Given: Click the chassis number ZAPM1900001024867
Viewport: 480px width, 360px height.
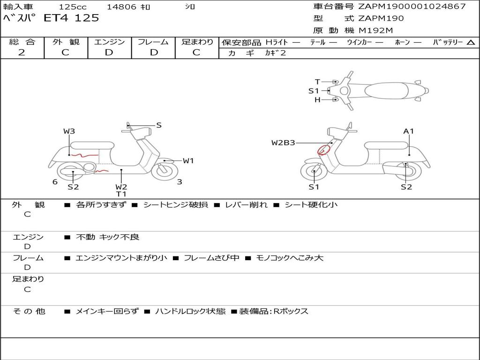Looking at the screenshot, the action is (412, 7).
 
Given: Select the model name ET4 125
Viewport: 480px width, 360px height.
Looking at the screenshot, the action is (71, 18).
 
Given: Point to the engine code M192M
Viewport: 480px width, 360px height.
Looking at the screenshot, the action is (375, 30).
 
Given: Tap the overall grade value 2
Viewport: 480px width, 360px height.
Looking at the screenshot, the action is (22, 52).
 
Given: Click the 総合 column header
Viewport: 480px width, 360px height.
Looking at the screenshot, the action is (22, 42).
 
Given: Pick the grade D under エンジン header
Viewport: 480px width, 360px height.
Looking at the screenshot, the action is (109, 52).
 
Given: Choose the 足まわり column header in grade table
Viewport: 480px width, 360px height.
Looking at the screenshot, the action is (197, 42).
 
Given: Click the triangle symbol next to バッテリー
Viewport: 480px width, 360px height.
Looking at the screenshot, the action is (471, 43).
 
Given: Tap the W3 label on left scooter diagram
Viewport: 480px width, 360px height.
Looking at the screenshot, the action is (69, 131).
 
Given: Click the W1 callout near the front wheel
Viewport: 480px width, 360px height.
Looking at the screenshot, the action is (188, 161).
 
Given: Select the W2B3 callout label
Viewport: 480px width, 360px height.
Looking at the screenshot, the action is (283, 142).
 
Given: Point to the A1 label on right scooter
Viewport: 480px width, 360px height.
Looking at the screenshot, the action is (408, 131).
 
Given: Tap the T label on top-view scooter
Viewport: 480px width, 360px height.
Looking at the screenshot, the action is (317, 82).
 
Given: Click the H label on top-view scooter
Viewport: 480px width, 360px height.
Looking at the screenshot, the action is (317, 99).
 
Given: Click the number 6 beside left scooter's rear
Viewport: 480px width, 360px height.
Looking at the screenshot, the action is (55, 182).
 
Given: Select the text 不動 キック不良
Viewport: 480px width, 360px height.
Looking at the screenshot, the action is (107, 237).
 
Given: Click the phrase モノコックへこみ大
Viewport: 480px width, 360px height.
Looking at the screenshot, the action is (290, 258).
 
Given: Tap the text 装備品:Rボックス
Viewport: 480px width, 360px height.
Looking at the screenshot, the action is (274, 311).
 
